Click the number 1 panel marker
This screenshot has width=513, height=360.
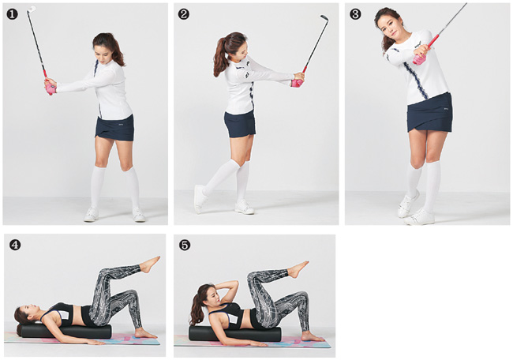[12, 14]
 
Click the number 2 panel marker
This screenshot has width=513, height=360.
[184, 14]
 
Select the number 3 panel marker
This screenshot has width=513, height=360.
[355, 14]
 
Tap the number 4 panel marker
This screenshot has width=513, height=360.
[15, 245]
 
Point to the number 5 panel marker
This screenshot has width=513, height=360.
[185, 245]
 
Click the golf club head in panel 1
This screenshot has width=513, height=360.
[32, 9]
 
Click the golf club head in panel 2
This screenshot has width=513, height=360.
[324, 17]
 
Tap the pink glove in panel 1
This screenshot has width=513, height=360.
[50, 88]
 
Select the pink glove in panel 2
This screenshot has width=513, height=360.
[297, 82]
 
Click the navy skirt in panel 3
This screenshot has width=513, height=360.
[430, 113]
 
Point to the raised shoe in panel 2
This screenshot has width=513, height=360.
[199, 199]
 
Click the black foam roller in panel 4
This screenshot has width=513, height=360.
[65, 332]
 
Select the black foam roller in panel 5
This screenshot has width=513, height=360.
[235, 333]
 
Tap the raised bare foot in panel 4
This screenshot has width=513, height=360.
[149, 264]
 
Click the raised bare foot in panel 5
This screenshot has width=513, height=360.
[298, 268]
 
